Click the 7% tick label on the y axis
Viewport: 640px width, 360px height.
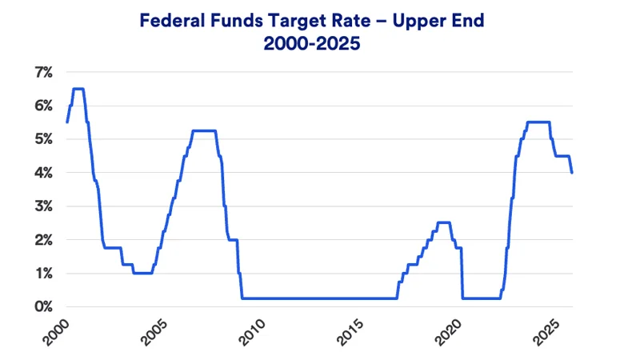coord(42,72)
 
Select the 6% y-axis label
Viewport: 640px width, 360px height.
coord(42,106)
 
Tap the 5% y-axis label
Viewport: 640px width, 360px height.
coord(42,139)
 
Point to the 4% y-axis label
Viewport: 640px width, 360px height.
coord(42,173)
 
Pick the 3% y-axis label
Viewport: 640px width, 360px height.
coord(42,206)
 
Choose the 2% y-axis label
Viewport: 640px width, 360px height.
coord(42,240)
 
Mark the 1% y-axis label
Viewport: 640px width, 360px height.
coord(42,274)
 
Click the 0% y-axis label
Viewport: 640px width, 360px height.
coord(42,307)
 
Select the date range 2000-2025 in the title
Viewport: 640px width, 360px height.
coord(312,45)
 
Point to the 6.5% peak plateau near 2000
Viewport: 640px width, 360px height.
coord(78,89)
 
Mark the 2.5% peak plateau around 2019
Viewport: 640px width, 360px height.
coord(443,222)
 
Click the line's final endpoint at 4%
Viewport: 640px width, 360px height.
coord(572,173)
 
